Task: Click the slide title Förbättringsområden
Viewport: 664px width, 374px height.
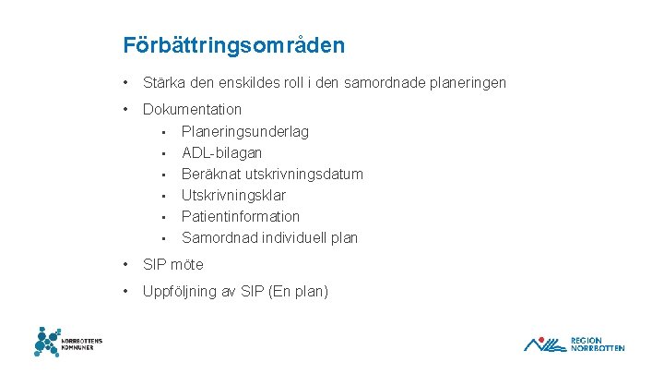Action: (x=234, y=44)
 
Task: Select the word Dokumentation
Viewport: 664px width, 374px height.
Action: (x=192, y=110)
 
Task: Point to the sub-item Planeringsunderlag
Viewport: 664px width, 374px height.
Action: (x=245, y=131)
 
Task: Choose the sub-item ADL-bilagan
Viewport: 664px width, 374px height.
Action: (x=221, y=152)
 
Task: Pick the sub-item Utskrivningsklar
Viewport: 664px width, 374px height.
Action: (x=233, y=195)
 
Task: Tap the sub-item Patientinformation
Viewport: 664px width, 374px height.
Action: (x=241, y=216)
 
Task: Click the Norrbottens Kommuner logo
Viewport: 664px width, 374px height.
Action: (x=67, y=341)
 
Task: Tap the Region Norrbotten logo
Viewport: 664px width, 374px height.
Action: (x=574, y=344)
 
